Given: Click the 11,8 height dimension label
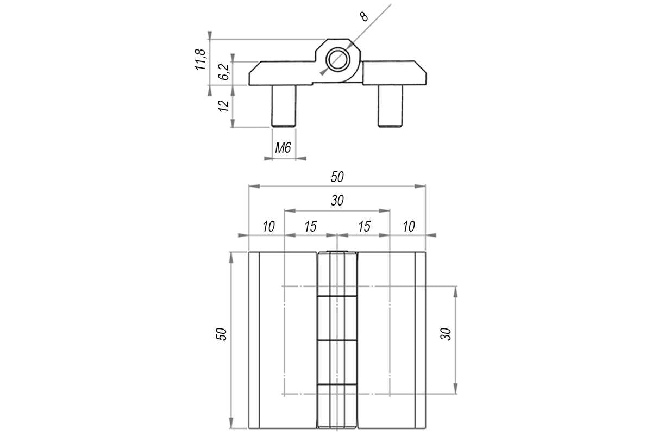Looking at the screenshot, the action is pos(200,59).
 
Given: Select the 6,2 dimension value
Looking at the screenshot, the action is pos(224,72).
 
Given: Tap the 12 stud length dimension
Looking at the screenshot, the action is pos(224,106).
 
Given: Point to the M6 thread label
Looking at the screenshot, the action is pos(283,148).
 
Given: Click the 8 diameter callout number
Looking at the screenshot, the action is pos(364,17).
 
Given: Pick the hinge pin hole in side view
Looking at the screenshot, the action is pos(337,59).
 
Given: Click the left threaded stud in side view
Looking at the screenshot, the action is pos(284,106).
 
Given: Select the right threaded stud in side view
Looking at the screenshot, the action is pos(390,106).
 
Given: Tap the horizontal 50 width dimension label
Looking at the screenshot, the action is pos(337,177).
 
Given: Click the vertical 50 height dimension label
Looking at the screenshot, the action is pos(221,334).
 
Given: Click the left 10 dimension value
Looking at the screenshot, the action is pos(268,227).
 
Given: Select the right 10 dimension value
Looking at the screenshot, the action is pos(409,227).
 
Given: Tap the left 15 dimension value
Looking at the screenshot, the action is pos(310,227).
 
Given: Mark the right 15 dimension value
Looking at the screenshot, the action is pos(364,227).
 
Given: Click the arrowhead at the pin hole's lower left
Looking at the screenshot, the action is pos(323,72).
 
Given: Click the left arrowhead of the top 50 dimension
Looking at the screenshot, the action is pos(254,186).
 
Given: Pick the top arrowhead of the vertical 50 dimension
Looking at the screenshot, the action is pos(231,258).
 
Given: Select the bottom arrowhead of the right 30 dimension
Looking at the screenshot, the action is pos(456,388).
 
